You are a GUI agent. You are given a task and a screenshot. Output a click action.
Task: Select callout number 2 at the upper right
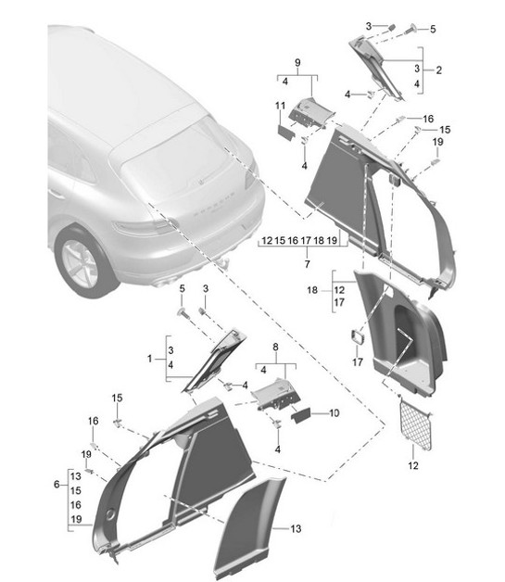(438, 70)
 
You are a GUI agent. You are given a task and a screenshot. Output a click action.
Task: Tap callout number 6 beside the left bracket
(57, 484)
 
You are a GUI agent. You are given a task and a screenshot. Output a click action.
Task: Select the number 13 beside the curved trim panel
(295, 529)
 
